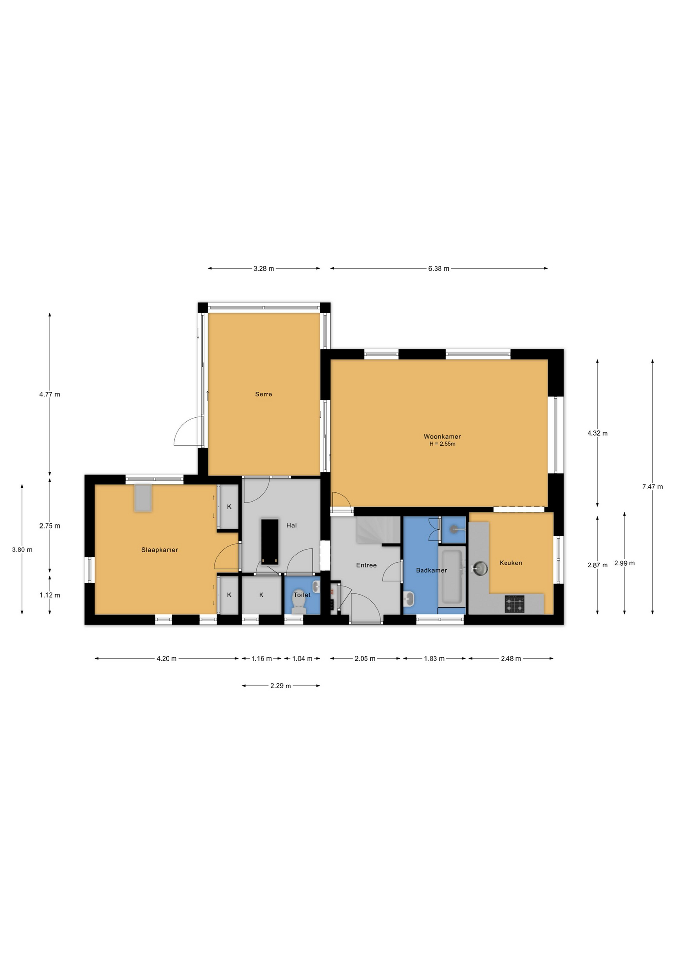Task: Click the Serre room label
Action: click(x=263, y=394)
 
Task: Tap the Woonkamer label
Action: click(x=442, y=437)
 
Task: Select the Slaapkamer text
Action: click(x=160, y=550)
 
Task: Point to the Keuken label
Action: click(x=510, y=563)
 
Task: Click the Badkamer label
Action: click(x=431, y=570)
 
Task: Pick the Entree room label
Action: click(x=366, y=565)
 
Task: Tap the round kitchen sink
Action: click(x=481, y=568)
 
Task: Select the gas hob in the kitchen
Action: click(x=514, y=604)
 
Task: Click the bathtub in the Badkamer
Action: click(x=452, y=576)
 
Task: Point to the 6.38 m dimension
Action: click(x=439, y=269)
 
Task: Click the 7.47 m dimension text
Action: click(x=652, y=487)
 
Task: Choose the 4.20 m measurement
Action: click(x=167, y=659)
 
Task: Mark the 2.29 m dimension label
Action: click(x=281, y=686)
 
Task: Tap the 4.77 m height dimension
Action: click(x=50, y=395)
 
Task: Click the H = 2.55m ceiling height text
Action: click(x=442, y=444)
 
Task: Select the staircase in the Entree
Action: click(x=378, y=530)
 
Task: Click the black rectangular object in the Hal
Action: click(x=270, y=542)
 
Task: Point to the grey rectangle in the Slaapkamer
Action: click(x=143, y=498)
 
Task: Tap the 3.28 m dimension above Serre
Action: click(x=264, y=269)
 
